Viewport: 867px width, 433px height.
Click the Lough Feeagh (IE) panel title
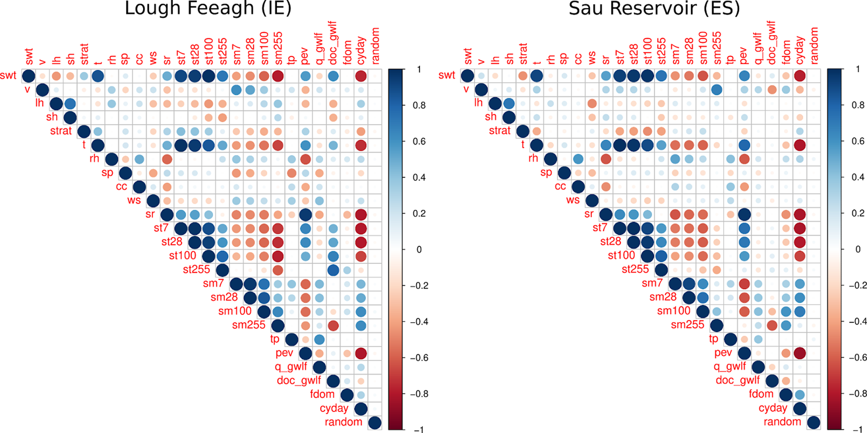pos(208,8)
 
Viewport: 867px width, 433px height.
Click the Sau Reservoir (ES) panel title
pos(654,8)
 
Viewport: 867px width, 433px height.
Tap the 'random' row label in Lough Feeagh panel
pos(343,422)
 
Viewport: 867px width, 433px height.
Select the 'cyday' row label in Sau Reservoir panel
pos(773,408)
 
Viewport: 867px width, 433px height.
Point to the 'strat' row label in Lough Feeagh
pos(61,131)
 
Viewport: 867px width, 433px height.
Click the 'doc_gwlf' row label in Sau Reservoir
pos(737,381)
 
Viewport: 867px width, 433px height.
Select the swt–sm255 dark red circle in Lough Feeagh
pos(277,76)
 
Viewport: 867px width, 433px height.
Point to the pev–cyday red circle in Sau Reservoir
pos(799,353)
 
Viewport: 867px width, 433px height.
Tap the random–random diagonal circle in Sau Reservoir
pos(813,422)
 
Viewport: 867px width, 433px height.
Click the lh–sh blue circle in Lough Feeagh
pos(70,104)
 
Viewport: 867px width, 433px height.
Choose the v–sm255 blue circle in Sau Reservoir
pos(716,89)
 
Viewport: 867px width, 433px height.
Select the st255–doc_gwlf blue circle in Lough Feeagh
pos(333,270)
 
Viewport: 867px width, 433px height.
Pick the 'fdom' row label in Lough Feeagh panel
pos(322,394)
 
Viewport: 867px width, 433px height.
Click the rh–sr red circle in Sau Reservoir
pos(605,159)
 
